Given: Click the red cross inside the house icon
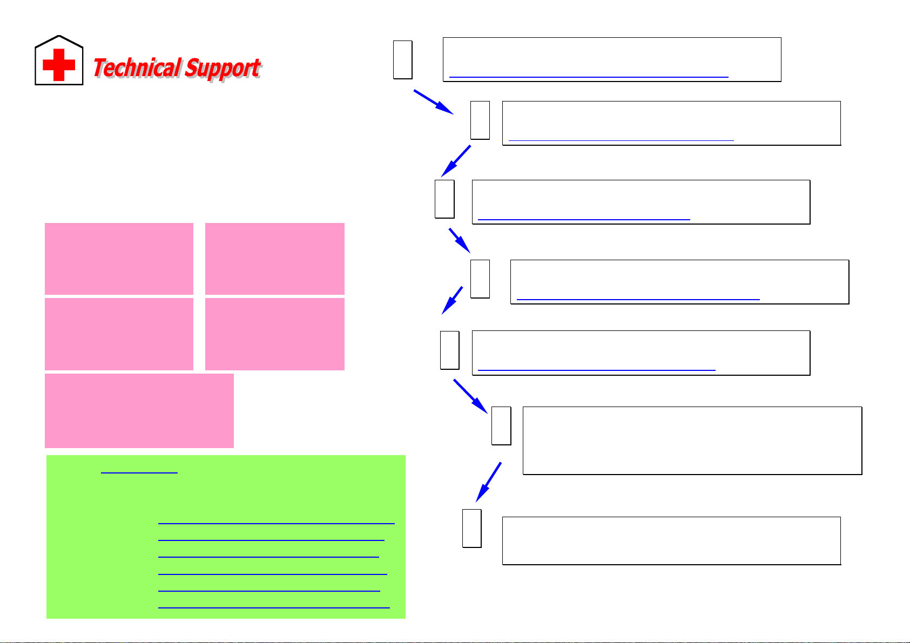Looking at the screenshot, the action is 59,65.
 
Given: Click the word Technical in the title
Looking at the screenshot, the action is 137,69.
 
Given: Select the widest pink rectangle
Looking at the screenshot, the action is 139,410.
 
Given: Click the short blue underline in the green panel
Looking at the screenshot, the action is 139,473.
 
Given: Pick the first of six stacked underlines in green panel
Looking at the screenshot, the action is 276,523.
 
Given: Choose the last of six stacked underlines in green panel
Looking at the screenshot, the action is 274,607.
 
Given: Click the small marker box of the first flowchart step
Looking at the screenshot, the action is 403,59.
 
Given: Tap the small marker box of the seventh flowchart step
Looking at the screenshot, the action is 472,528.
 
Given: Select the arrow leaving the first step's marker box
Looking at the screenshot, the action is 433,102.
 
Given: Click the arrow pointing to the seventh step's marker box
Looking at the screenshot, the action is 488,482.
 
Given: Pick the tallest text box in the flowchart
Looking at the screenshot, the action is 692,441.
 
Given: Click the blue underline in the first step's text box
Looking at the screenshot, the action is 589,77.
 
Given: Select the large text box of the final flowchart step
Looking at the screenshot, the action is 671,540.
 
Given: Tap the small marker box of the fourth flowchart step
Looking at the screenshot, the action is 480,279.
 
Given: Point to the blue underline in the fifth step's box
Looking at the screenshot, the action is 596,370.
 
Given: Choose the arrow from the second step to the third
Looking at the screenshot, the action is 456,161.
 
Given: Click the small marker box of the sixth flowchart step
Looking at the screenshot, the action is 501,425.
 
